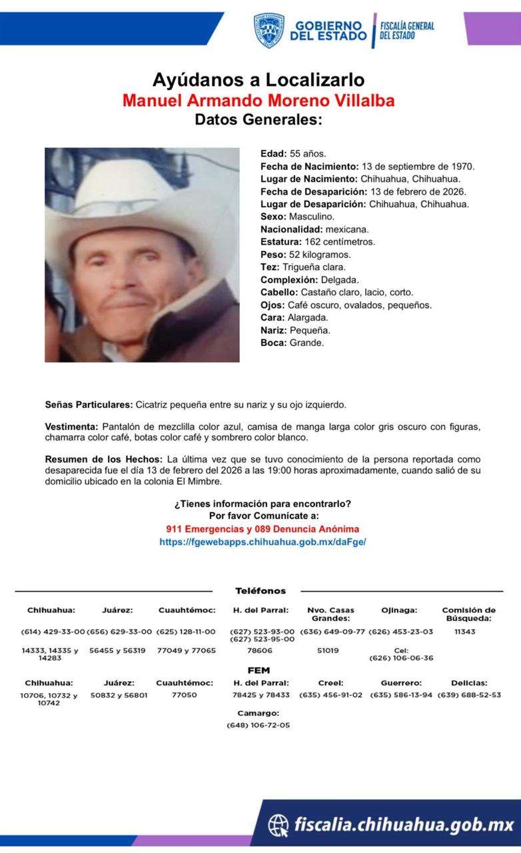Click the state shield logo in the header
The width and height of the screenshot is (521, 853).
268,30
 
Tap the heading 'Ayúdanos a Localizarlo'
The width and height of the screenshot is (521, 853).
259,80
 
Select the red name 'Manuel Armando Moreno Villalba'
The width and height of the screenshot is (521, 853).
259,101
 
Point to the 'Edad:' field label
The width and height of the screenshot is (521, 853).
273,153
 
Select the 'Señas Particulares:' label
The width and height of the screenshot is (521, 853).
89,405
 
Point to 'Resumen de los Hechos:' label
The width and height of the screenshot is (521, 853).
103,460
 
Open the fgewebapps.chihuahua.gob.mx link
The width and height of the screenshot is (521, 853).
262,542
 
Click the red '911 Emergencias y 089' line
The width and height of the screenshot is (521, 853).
262,529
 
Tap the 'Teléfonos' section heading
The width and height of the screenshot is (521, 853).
260,591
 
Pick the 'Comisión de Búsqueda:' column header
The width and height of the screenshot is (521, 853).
469,614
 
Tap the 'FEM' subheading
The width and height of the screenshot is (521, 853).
259,670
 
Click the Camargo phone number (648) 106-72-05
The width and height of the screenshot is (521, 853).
259,725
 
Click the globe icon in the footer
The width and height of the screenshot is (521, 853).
278,826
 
